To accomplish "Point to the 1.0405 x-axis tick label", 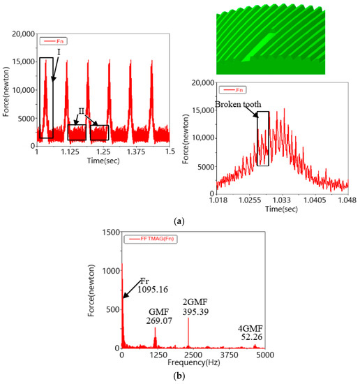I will (313, 200).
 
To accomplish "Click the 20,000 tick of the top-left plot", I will (20, 34).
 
